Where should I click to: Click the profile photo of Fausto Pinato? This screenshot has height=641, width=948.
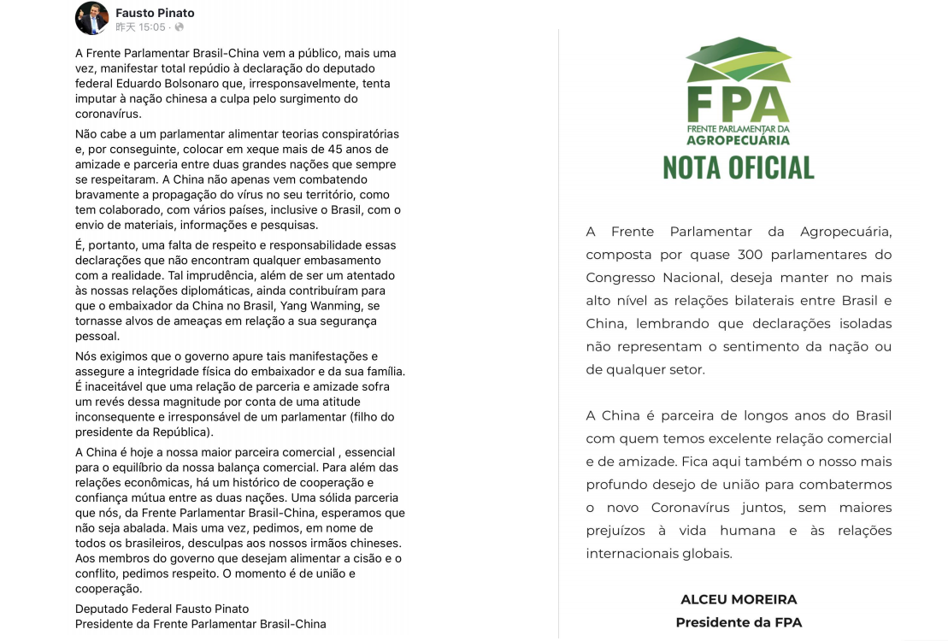tap(91, 18)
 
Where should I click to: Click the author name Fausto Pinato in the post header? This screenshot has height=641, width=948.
tap(155, 13)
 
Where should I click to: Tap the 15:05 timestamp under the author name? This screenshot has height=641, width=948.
tap(154, 27)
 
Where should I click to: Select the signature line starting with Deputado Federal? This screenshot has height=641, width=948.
tap(162, 609)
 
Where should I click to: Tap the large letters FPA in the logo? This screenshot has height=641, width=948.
tap(738, 105)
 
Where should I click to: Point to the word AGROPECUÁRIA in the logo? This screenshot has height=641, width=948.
tap(738, 139)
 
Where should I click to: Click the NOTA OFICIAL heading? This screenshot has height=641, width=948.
tap(739, 168)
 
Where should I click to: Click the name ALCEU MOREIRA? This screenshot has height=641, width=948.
tap(739, 600)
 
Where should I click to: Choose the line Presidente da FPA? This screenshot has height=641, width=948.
tap(739, 622)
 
